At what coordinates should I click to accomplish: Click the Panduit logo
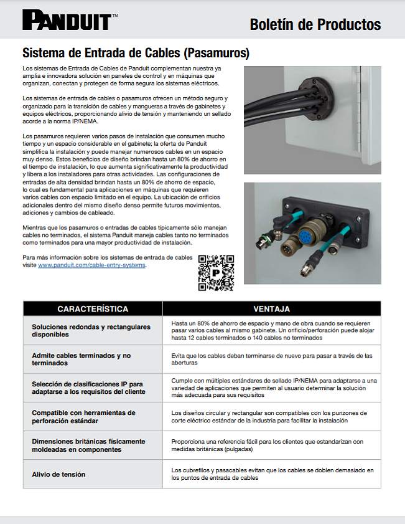click(x=67, y=21)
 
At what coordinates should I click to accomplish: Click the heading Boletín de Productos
click(x=315, y=24)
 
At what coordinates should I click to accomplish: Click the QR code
click(x=216, y=272)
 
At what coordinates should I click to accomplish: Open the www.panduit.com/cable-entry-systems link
click(x=92, y=265)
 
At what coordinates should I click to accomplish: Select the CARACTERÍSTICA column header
click(x=93, y=309)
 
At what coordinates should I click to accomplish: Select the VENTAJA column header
click(x=271, y=309)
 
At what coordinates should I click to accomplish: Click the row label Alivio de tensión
click(x=58, y=474)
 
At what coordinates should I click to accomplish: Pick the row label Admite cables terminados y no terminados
click(x=81, y=359)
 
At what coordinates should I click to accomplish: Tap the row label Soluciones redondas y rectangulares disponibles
click(x=91, y=330)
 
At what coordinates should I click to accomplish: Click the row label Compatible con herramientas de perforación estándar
click(x=83, y=417)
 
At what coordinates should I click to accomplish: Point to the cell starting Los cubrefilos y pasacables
click(x=272, y=474)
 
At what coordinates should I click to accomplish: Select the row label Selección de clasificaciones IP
click(x=87, y=388)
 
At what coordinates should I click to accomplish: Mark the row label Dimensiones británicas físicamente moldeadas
click(x=88, y=445)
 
